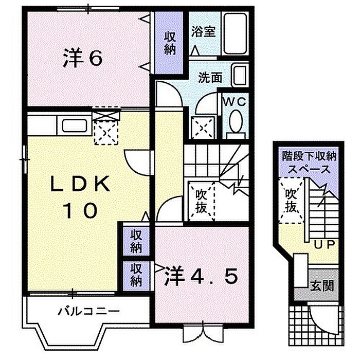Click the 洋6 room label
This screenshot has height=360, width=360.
[x=82, y=58]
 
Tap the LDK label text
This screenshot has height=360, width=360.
[x=80, y=184]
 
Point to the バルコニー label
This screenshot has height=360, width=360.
[x=88, y=312]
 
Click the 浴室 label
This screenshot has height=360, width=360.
[x=204, y=32]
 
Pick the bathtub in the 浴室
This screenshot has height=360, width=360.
[x=236, y=33]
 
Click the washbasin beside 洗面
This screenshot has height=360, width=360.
[x=240, y=76]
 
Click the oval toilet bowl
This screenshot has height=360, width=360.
[x=236, y=121]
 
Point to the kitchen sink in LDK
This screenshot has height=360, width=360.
[x=75, y=125]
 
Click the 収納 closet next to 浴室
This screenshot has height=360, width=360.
[x=169, y=43]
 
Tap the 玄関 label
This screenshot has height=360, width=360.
[x=321, y=286]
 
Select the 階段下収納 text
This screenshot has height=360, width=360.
[x=309, y=156]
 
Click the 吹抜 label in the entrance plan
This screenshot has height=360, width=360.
[x=291, y=200]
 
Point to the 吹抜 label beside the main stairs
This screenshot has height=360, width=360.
[x=201, y=202]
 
